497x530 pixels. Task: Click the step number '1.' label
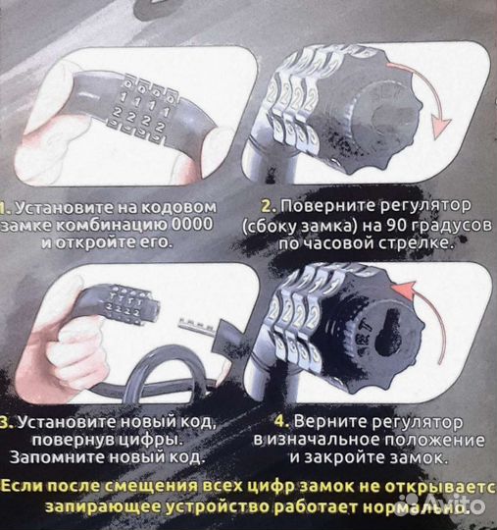(6, 206)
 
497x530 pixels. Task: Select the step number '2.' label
(267, 206)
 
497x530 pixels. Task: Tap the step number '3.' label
(6, 421)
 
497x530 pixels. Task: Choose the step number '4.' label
(287, 421)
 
